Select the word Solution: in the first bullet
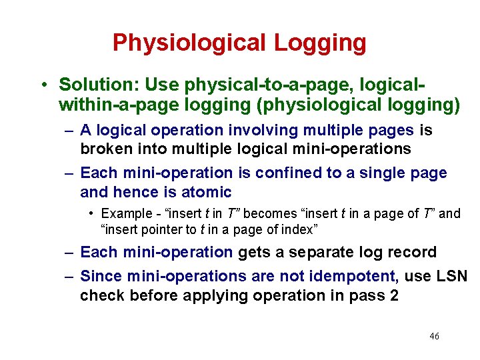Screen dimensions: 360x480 pyautogui.click(x=99, y=85)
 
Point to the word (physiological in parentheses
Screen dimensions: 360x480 pyautogui.click(x=329, y=105)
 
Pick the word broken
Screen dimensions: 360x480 pyautogui.click(x=103, y=148)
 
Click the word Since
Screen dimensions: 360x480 pyautogui.click(x=99, y=275)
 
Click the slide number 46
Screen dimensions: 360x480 pyautogui.click(x=434, y=336)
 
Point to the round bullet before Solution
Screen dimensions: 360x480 pyautogui.click(x=43, y=85)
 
